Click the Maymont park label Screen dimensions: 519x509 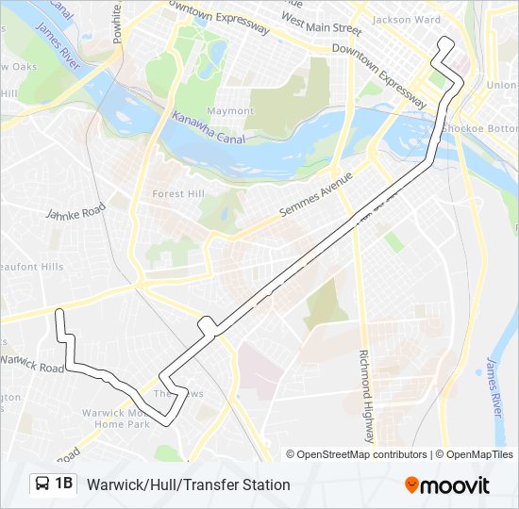(x=230, y=111)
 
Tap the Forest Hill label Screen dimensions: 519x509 (x=177, y=195)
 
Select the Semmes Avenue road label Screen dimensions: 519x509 (x=316, y=197)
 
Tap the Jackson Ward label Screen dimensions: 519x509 (x=406, y=19)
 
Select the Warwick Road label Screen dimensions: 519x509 (x=34, y=361)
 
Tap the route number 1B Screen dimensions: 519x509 (x=64, y=484)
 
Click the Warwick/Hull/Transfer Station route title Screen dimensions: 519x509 (x=189, y=484)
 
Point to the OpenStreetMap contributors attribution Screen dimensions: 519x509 (x=357, y=454)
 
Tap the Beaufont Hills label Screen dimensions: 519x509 (x=32, y=267)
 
